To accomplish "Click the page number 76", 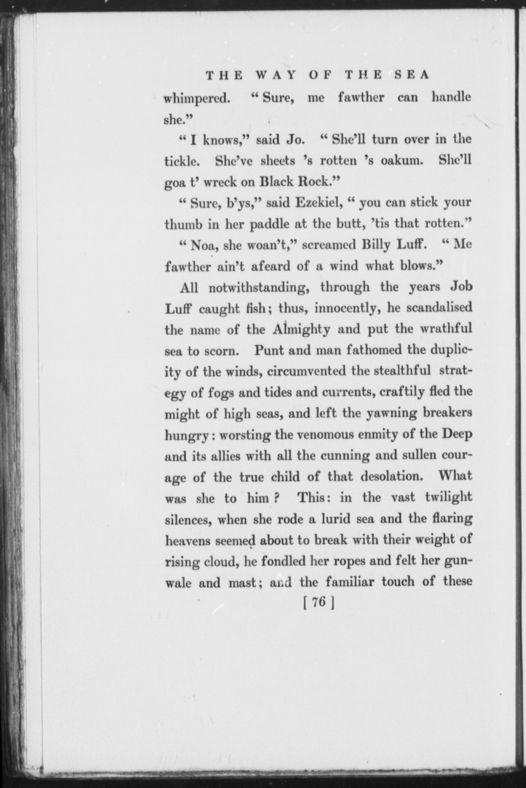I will (x=319, y=602).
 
